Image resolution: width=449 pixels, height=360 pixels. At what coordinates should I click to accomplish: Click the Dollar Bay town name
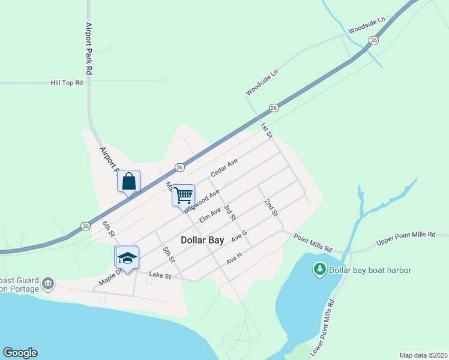(x=202, y=240)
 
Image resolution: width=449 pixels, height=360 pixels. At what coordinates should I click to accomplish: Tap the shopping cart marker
(x=183, y=196)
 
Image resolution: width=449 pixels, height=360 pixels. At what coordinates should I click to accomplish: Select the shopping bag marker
(x=128, y=181)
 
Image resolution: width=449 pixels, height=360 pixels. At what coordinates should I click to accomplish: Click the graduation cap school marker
(x=127, y=258)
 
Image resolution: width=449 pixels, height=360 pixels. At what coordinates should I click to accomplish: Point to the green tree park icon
(x=320, y=270)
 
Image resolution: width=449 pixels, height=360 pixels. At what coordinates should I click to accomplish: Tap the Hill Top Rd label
(x=67, y=83)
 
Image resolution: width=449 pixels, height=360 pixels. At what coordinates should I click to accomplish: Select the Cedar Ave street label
(x=224, y=167)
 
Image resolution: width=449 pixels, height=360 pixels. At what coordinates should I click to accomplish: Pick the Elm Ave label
(x=210, y=215)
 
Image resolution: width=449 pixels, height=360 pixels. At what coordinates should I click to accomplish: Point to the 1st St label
(x=267, y=128)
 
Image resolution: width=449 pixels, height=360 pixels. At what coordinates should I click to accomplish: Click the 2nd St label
(x=271, y=208)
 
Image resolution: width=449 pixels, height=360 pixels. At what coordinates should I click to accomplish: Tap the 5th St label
(x=169, y=254)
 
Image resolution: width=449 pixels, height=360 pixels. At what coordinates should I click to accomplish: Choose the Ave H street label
(x=234, y=259)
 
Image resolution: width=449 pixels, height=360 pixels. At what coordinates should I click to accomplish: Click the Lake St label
(x=160, y=276)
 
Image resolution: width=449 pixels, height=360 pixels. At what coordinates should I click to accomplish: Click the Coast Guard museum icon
(x=48, y=283)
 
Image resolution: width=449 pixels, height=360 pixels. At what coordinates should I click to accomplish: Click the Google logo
(x=20, y=353)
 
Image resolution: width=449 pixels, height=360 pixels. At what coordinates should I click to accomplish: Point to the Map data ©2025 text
(x=423, y=355)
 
